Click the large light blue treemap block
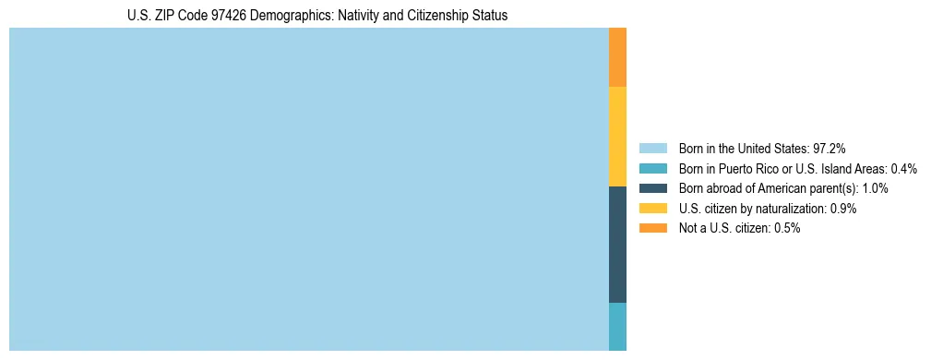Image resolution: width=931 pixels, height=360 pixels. tap(308, 189)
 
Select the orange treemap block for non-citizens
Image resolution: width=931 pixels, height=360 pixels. tap(617, 57)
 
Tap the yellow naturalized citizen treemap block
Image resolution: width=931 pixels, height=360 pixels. tap(617, 137)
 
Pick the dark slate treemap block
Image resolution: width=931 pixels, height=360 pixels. tap(617, 245)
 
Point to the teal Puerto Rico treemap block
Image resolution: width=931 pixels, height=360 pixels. tap(617, 327)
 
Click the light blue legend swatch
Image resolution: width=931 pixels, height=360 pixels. tap(652, 148)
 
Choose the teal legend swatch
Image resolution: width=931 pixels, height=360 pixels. tap(652, 168)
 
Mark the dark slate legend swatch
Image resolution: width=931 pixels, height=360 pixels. tap(652, 188)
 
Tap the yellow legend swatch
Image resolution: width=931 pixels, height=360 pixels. tap(652, 209)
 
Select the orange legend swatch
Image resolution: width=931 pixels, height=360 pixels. tap(652, 228)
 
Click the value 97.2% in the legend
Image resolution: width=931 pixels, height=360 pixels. tap(829, 148)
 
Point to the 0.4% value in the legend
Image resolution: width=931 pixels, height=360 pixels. tap(903, 168)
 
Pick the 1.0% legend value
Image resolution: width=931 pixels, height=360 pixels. tap(874, 188)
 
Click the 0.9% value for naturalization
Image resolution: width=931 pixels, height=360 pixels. tap(842, 209)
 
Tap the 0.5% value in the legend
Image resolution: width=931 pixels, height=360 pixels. tap(786, 228)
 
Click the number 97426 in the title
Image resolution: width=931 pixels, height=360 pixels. tap(226, 16)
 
